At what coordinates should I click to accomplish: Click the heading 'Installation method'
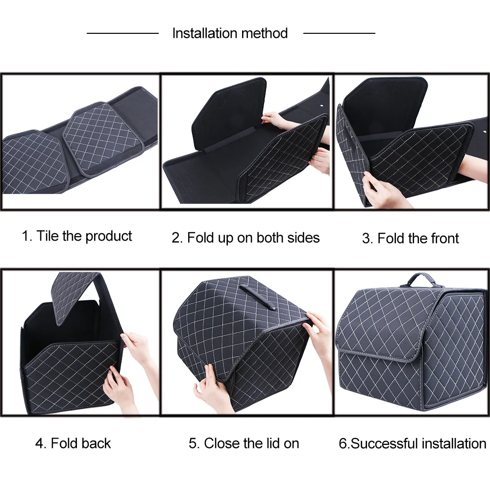230,33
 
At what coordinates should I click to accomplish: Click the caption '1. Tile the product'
77,236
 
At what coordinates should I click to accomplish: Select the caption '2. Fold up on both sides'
245,238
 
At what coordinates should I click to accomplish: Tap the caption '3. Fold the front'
410,239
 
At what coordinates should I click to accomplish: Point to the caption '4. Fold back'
73,443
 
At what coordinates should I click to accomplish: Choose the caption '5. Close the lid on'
244,443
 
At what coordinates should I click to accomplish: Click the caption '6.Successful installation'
412,444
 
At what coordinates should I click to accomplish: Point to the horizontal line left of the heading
122,33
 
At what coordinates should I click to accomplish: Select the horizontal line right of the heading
339,33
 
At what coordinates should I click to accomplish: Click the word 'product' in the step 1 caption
109,236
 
